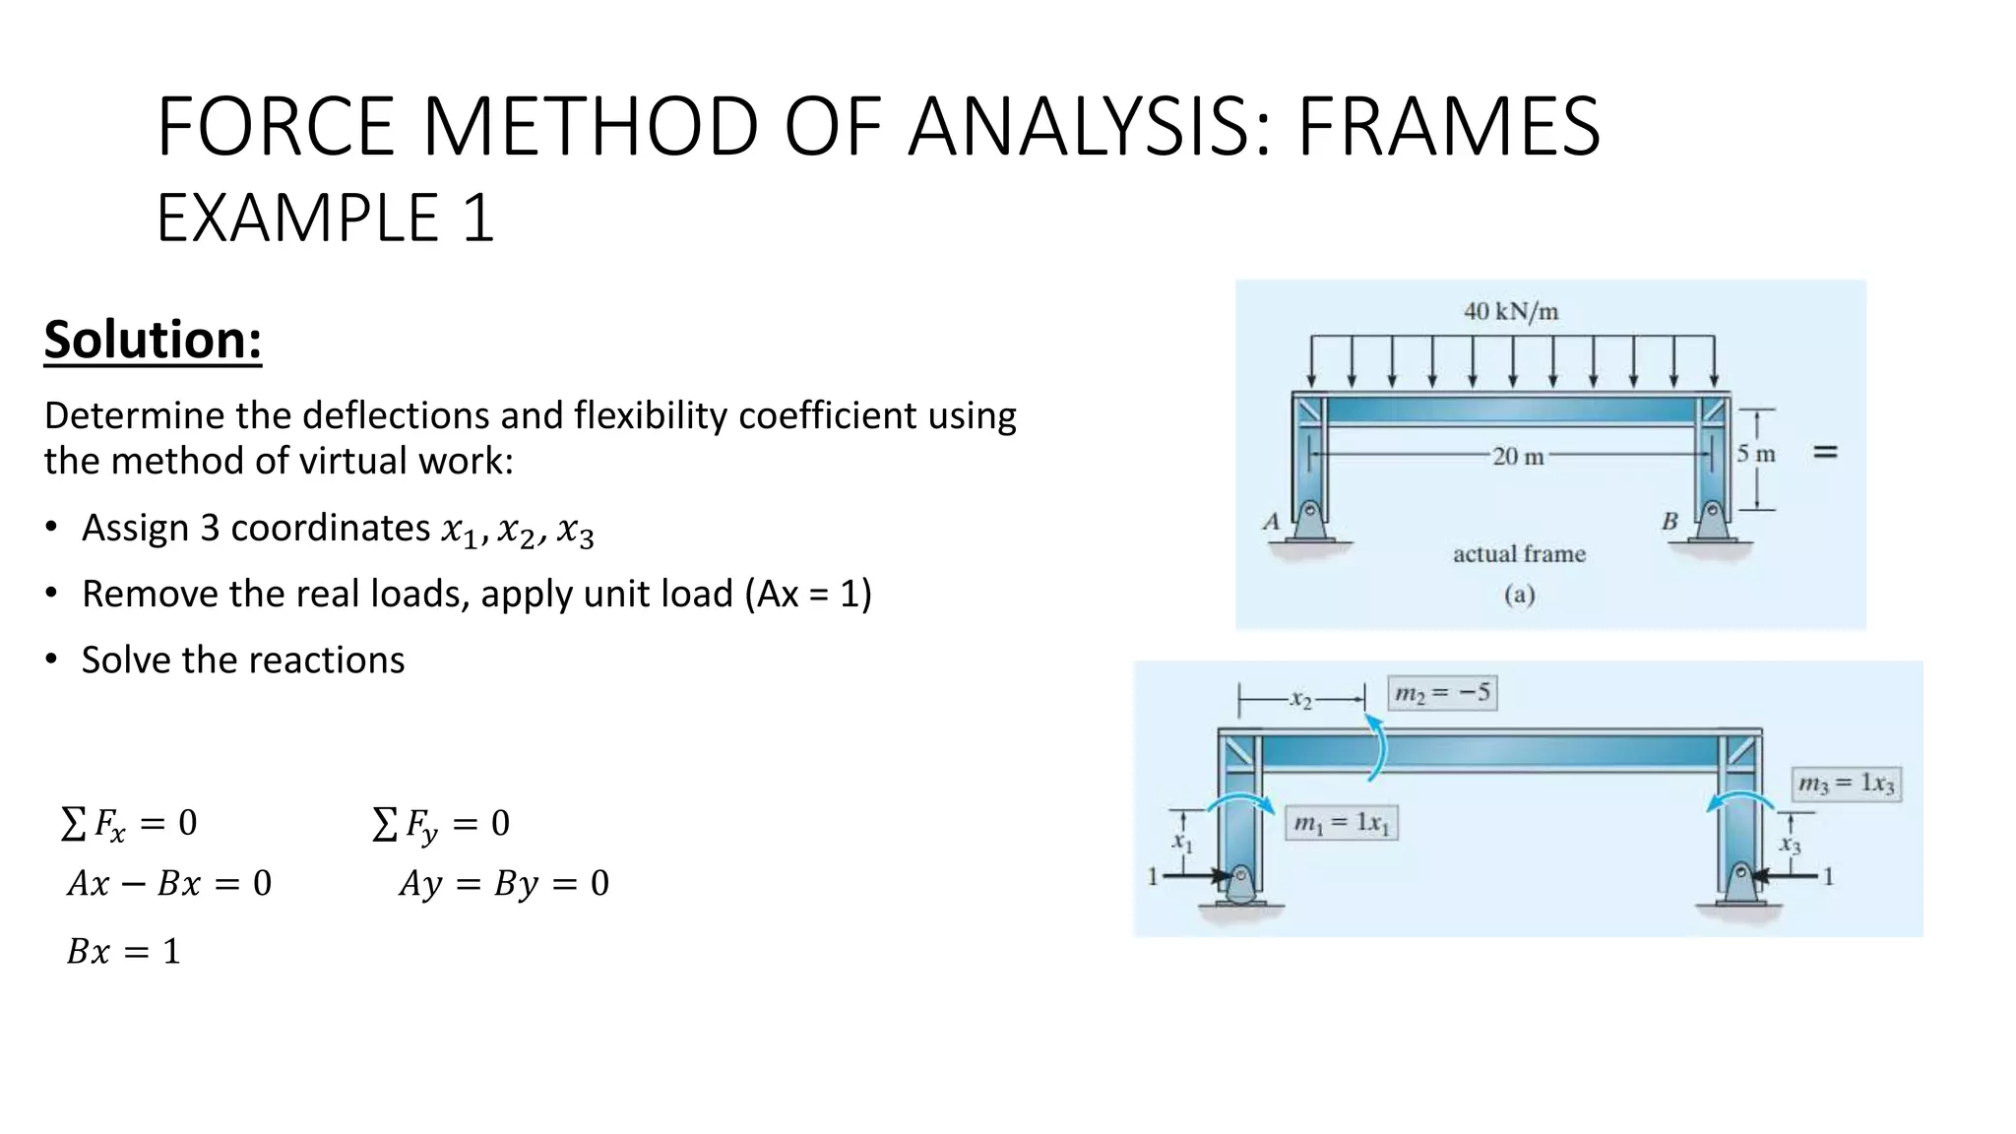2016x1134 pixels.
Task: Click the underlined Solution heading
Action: click(153, 341)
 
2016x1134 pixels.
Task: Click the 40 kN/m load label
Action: click(1511, 312)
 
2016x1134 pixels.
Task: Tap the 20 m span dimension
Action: click(1518, 456)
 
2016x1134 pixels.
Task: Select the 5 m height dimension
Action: click(1755, 454)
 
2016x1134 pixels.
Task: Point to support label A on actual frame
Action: click(1271, 522)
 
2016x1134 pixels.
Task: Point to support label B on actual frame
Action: click(1669, 522)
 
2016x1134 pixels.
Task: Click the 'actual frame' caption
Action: click(1519, 554)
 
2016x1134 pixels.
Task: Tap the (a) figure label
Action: click(1519, 595)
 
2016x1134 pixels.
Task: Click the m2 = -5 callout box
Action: click(1442, 693)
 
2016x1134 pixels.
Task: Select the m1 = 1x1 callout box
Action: click(1341, 823)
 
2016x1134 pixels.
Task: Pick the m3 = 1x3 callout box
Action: click(1846, 784)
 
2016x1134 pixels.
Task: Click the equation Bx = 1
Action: click(124, 952)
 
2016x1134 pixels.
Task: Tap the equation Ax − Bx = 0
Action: click(169, 883)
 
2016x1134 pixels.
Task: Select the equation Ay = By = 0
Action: click(504, 883)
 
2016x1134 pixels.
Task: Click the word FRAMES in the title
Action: click(1448, 127)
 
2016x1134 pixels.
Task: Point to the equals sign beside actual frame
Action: click(1825, 452)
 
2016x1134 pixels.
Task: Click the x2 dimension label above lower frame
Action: click(1301, 700)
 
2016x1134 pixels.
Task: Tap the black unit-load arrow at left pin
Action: click(1196, 874)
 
